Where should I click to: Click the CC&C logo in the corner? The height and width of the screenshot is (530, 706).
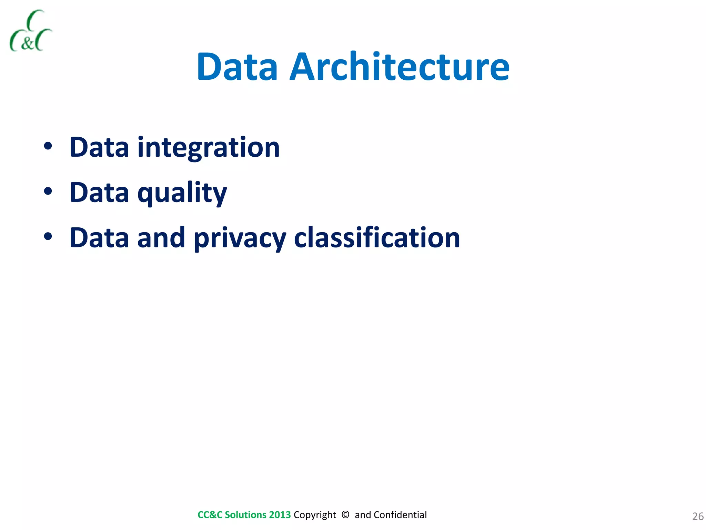30,31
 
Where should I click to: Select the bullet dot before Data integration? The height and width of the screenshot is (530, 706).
48,146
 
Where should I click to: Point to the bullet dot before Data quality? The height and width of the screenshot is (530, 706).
48,191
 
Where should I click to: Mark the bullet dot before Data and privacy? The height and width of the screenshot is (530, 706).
48,237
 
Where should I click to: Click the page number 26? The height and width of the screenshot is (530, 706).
698,516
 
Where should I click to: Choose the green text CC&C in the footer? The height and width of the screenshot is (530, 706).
210,515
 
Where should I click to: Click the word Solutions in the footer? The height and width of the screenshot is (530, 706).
245,515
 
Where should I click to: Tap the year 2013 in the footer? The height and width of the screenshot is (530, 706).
280,515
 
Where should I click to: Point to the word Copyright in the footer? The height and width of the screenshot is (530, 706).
314,515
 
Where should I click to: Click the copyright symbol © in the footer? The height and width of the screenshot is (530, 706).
345,514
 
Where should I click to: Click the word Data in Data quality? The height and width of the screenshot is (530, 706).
99,192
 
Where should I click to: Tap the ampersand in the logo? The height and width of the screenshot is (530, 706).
28,44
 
